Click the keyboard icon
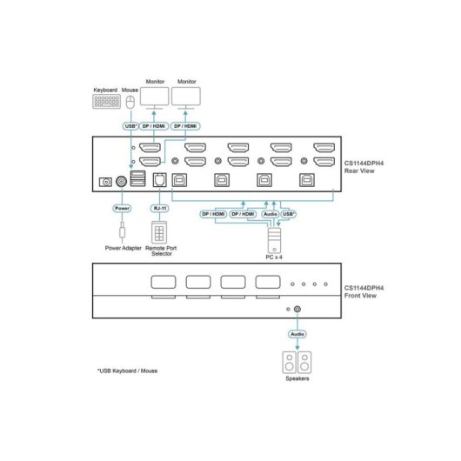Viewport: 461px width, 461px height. click(106, 102)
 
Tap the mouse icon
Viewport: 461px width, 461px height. click(130, 102)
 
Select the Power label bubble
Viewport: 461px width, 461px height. click(122, 208)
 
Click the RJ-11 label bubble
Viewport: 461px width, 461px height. click(160, 208)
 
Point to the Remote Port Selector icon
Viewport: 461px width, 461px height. click(159, 232)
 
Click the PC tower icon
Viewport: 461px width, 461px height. click(274, 240)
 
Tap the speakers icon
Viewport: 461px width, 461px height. click(297, 362)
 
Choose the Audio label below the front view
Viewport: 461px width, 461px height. click(297, 334)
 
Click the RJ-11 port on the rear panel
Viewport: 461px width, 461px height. click(160, 180)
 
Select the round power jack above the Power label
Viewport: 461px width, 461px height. click(122, 182)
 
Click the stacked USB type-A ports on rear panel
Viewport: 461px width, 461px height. click(137, 178)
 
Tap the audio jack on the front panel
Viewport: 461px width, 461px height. click(297, 309)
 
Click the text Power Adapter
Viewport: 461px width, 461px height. click(124, 248)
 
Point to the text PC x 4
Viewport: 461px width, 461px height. click(274, 257)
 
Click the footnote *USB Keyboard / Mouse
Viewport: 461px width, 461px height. click(127, 371)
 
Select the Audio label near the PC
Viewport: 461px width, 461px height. click(271, 214)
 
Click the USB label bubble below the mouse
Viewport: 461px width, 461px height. click(130, 126)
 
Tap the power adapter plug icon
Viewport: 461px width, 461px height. click(123, 230)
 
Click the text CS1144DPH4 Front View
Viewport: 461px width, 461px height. click(364, 291)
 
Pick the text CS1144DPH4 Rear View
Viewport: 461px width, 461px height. click(364, 167)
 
